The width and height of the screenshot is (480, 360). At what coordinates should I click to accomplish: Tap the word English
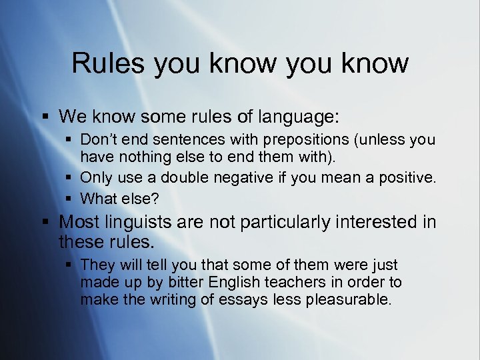click(240, 283)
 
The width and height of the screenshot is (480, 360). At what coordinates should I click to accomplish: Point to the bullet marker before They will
click(70, 265)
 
